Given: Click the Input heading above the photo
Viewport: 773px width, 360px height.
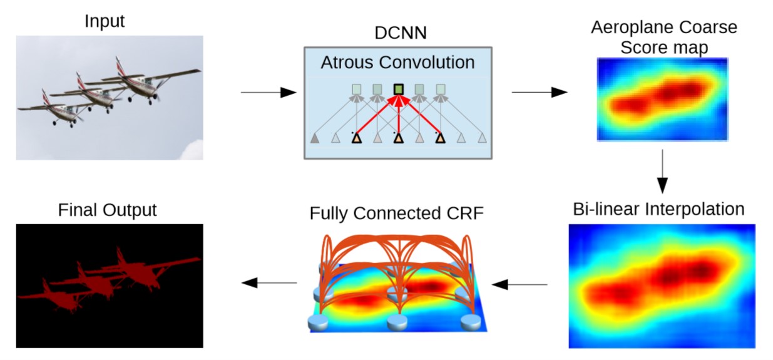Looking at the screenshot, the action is [x=105, y=21].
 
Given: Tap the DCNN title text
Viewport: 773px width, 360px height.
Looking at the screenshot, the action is [x=401, y=33].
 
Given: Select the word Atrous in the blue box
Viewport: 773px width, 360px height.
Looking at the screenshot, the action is [x=347, y=63].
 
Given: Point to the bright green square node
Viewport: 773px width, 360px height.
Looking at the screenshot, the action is [x=399, y=90].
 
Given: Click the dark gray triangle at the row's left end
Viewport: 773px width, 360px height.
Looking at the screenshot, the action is [x=315, y=139].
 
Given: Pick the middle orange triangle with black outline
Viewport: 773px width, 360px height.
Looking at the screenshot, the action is [x=399, y=138].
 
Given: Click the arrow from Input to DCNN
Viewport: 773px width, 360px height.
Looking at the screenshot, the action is [x=269, y=93].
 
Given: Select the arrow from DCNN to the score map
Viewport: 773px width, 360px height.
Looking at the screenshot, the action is [x=540, y=92].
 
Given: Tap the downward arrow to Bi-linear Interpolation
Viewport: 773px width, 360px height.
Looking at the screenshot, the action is [x=662, y=172].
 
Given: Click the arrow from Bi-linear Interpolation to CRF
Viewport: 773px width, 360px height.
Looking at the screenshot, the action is [x=520, y=285].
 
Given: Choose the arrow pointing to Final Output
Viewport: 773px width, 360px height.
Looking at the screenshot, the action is [x=269, y=283].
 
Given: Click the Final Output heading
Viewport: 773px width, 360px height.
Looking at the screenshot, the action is [x=107, y=210].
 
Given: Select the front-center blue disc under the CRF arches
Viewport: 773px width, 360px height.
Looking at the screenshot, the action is [x=397, y=322].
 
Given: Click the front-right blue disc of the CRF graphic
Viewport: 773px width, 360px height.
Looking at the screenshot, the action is [x=471, y=322].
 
